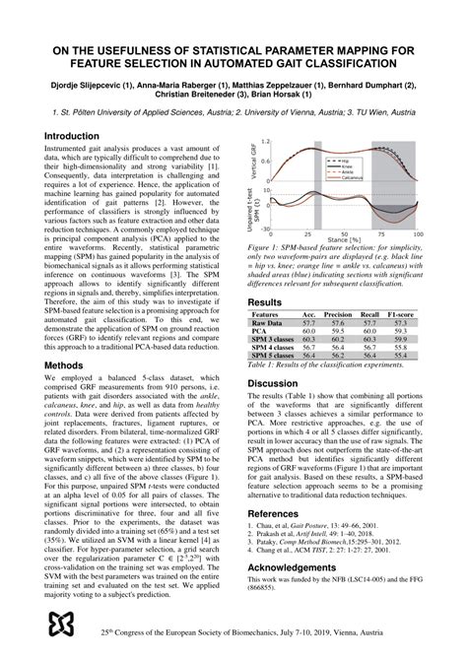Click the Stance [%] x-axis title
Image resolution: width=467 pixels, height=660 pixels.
[x=344, y=239]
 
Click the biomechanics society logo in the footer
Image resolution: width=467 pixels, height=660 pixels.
[x=61, y=625]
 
